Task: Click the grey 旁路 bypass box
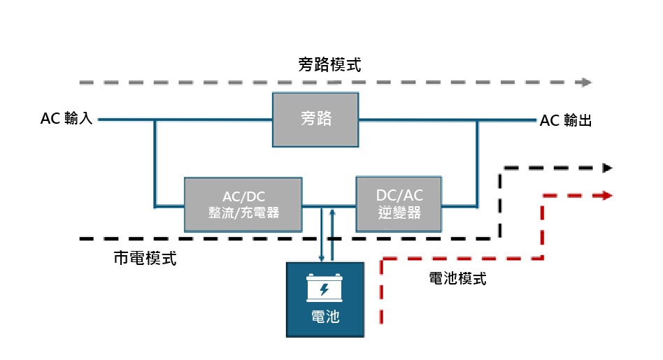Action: point(315,120)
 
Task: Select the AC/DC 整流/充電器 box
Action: point(243,205)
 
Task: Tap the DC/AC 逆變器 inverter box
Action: point(399,204)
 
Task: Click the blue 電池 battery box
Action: point(325,298)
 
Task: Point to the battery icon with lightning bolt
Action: point(325,287)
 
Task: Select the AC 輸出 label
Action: point(566,121)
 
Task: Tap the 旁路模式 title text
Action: point(329,66)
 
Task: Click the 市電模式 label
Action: point(145,259)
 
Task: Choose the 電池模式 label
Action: point(457,279)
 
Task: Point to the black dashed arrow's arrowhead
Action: point(607,168)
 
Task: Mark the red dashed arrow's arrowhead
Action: point(607,196)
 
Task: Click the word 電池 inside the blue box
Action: point(325,317)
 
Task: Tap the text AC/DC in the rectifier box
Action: point(243,196)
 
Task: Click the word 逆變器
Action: point(399,213)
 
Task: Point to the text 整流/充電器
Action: point(243,213)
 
